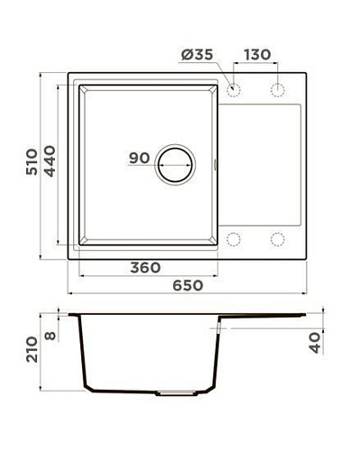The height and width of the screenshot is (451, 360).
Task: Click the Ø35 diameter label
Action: click(198, 55)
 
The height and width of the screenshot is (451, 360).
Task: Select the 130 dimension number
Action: click(257, 55)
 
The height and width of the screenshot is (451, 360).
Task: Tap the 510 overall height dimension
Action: click(32, 161)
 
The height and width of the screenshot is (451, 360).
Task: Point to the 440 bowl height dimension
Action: click(50, 161)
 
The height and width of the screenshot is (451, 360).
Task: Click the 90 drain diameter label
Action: click(139, 158)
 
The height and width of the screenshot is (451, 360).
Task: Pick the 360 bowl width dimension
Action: click(145, 268)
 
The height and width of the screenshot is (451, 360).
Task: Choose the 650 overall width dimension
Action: click(188, 285)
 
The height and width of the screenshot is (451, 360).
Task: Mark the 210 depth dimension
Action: click(32, 349)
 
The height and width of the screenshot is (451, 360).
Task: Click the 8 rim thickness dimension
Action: click(51, 336)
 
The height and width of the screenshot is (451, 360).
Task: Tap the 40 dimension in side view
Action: click(315, 343)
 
